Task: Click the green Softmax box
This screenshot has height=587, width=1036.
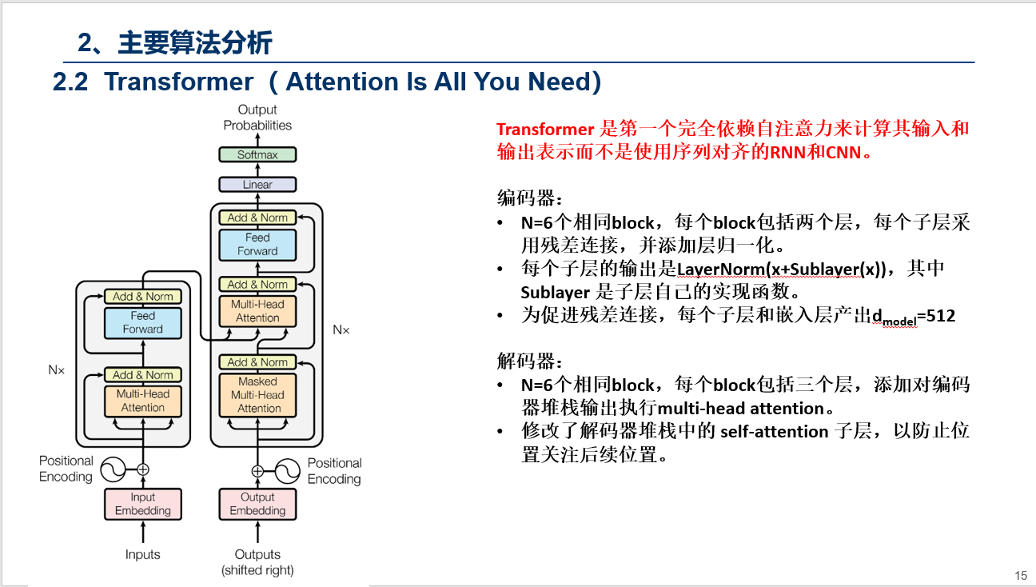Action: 257,154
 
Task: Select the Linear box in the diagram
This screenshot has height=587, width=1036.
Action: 257,185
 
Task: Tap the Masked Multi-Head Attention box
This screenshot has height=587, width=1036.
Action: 257,395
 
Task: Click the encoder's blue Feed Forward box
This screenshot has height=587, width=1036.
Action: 143,322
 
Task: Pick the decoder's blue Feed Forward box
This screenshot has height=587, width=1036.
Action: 257,245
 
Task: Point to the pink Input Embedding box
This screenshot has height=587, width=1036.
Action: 143,504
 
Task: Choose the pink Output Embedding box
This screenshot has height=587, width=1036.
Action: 257,504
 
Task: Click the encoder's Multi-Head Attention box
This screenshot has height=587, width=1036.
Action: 143,401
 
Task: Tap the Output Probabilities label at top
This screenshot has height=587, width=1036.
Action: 257,118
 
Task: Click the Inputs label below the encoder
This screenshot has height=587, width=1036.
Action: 143,554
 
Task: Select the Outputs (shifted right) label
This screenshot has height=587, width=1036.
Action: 257,562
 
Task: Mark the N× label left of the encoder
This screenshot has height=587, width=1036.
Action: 56,370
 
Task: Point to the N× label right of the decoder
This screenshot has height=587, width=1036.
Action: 341,329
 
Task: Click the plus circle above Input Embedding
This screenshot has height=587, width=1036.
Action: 143,469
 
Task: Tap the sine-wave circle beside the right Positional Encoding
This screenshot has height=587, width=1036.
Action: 287,470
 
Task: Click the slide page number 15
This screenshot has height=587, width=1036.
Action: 1020,576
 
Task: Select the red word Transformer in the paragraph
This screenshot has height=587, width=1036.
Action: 545,130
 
